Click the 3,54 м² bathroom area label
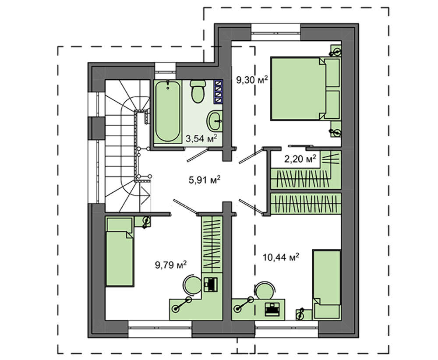201,138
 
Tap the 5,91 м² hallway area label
205,180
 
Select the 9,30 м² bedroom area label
252,80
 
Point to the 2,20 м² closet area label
300,159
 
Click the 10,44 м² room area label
281,257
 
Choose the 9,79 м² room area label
171,265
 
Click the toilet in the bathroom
198,91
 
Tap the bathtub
168,111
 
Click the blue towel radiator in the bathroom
218,92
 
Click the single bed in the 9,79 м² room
120,252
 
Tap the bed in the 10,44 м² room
327,284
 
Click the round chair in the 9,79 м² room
192,284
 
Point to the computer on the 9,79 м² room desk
211,284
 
